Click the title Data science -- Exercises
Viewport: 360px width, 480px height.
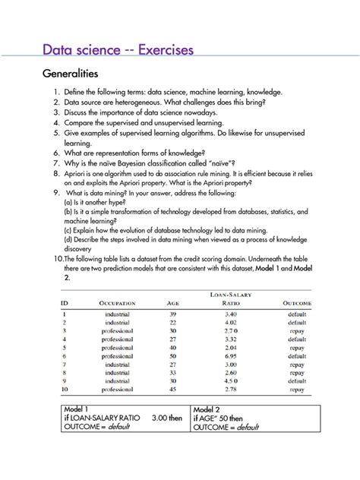click(118, 50)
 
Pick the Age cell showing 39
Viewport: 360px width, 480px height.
click(172, 314)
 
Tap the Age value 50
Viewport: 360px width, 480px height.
click(172, 355)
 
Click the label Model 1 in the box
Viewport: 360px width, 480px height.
click(80, 409)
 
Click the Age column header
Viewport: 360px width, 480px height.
click(172, 303)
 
